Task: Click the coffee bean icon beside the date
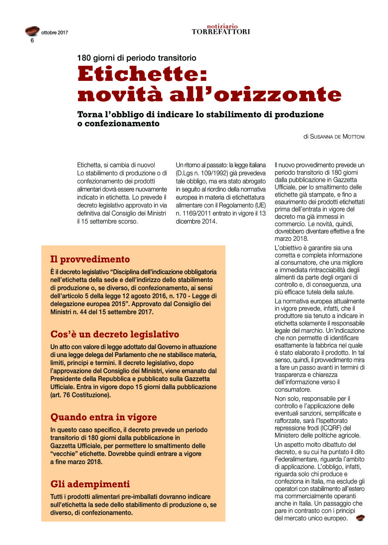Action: pyautogui.click(x=32, y=31)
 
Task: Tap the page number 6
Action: pyautogui.click(x=32, y=40)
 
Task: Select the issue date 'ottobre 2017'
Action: pyautogui.click(x=54, y=32)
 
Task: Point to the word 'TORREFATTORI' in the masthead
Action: pyautogui.click(x=221, y=32)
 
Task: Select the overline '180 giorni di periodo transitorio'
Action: pyautogui.click(x=137, y=58)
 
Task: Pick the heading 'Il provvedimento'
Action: pyautogui.click(x=90, y=260)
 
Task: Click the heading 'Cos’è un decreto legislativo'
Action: pyautogui.click(x=115, y=335)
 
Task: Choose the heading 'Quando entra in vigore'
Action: pyautogui.click(x=103, y=417)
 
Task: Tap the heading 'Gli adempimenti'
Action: pyautogui.click(x=90, y=484)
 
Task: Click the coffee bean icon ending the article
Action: pyautogui.click(x=360, y=518)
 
